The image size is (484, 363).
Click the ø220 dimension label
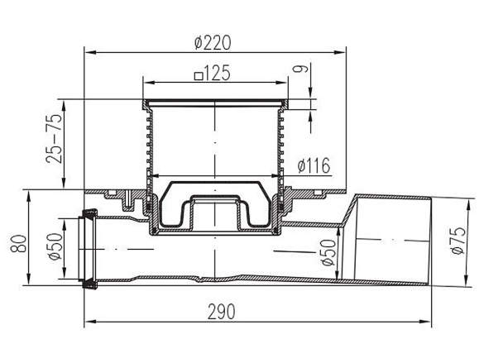(213, 43)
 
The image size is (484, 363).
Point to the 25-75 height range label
(54, 139)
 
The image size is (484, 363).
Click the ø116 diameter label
(314, 165)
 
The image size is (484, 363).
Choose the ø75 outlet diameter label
(458, 241)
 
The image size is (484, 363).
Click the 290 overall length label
(222, 312)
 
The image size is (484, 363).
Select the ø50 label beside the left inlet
(55, 246)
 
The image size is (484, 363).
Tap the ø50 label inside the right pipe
(328, 253)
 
